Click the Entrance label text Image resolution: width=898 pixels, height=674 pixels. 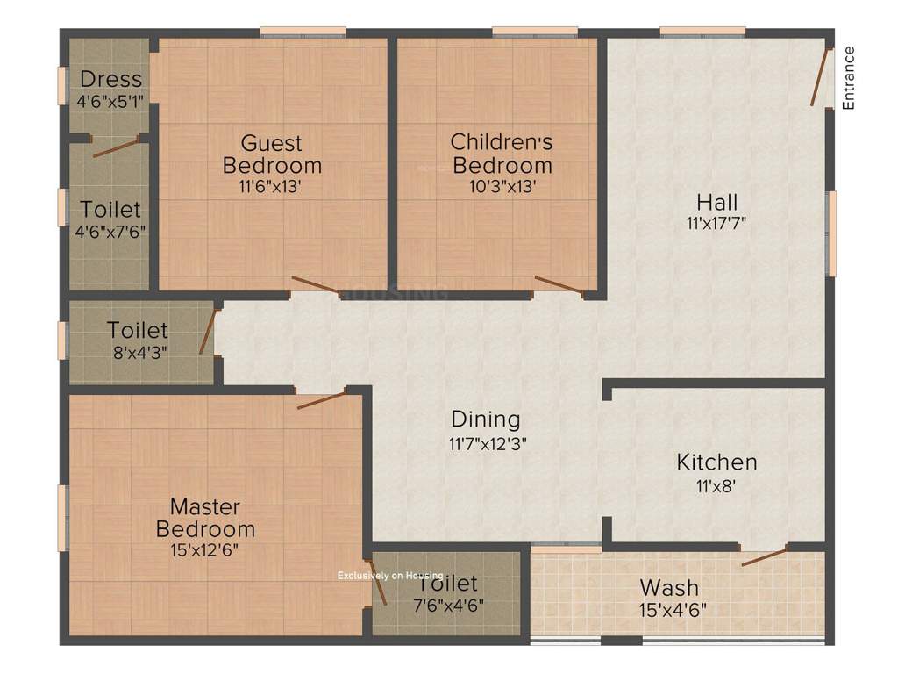click(848, 78)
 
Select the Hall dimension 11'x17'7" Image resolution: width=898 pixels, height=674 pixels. click(717, 222)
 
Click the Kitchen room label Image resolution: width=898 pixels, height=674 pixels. click(716, 462)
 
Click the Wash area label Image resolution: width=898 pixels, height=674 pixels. click(669, 587)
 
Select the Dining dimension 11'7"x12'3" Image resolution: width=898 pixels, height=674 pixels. click(486, 443)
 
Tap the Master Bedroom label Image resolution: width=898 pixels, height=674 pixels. click(205, 518)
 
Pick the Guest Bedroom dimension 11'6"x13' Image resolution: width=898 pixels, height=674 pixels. click(272, 186)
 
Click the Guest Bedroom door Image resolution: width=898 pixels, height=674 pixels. click(315, 284)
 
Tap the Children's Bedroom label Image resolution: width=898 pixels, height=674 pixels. click(502, 153)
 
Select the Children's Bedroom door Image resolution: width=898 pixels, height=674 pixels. click(558, 284)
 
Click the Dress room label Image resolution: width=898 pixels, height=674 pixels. click(110, 80)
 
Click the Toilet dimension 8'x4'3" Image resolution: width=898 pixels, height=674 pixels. click(138, 352)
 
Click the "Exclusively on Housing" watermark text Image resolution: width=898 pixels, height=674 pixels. click(390, 576)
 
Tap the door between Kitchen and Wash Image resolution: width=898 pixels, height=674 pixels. click(764, 556)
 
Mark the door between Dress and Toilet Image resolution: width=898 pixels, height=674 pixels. click(116, 147)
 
